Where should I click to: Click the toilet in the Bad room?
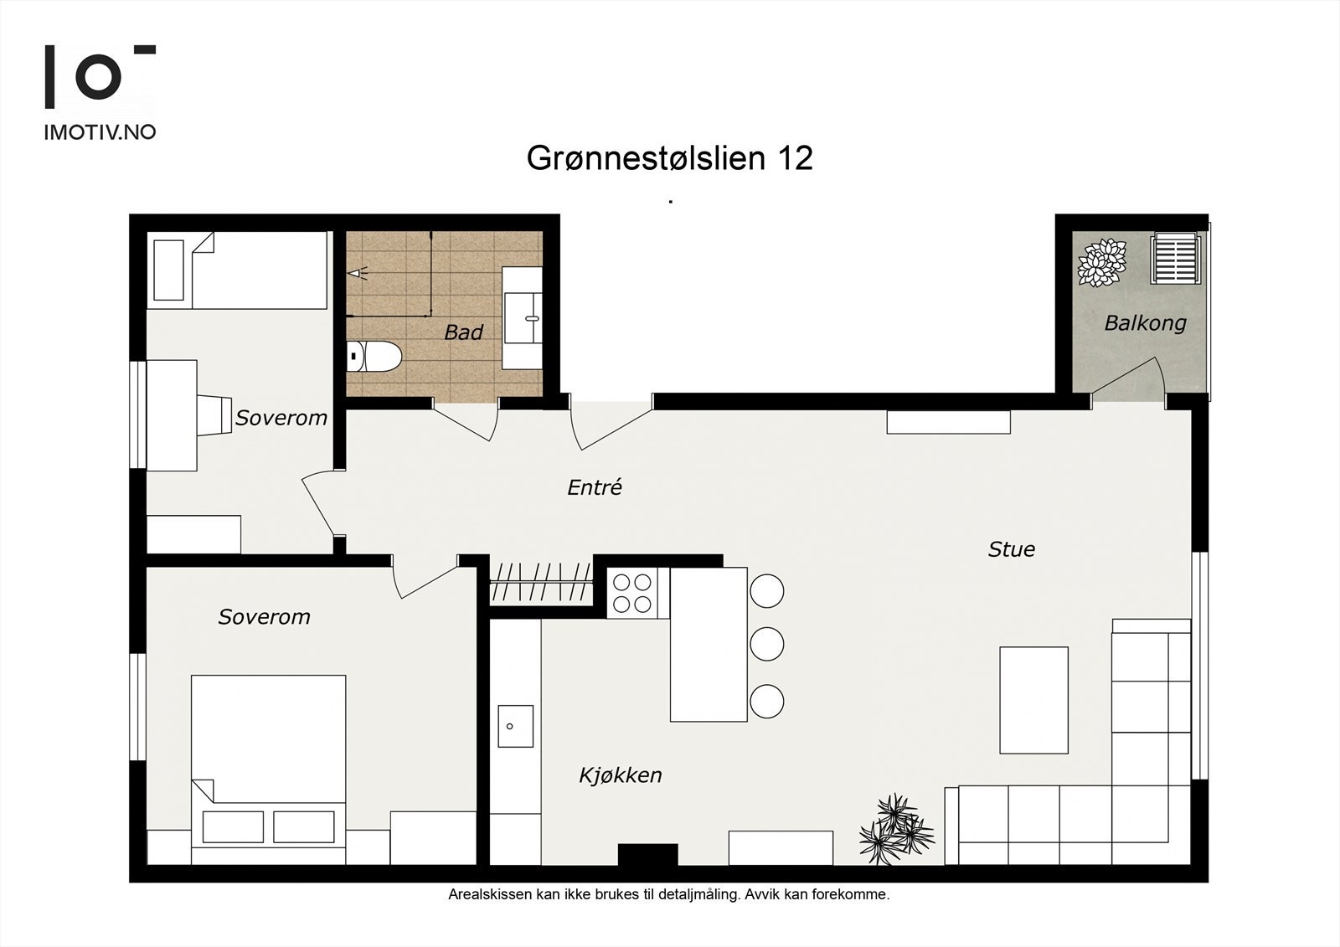pos(374,357)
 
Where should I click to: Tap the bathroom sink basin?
pos(525,306)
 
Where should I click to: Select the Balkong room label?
pos(1145,322)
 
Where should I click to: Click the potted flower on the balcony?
pos(1100,262)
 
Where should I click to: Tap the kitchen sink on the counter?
pos(515,726)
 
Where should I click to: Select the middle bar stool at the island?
pos(766,644)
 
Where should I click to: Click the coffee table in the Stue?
pos(1033,700)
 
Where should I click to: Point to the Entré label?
pos(595,487)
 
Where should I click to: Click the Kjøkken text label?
pos(621,775)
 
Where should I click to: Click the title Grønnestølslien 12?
pos(669,158)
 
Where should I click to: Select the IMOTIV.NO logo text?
pos(100,131)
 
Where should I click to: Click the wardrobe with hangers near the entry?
pos(541,583)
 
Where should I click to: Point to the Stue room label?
pos(1011,549)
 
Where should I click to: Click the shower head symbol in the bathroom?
pos(358,273)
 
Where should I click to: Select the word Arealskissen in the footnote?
pos(489,895)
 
